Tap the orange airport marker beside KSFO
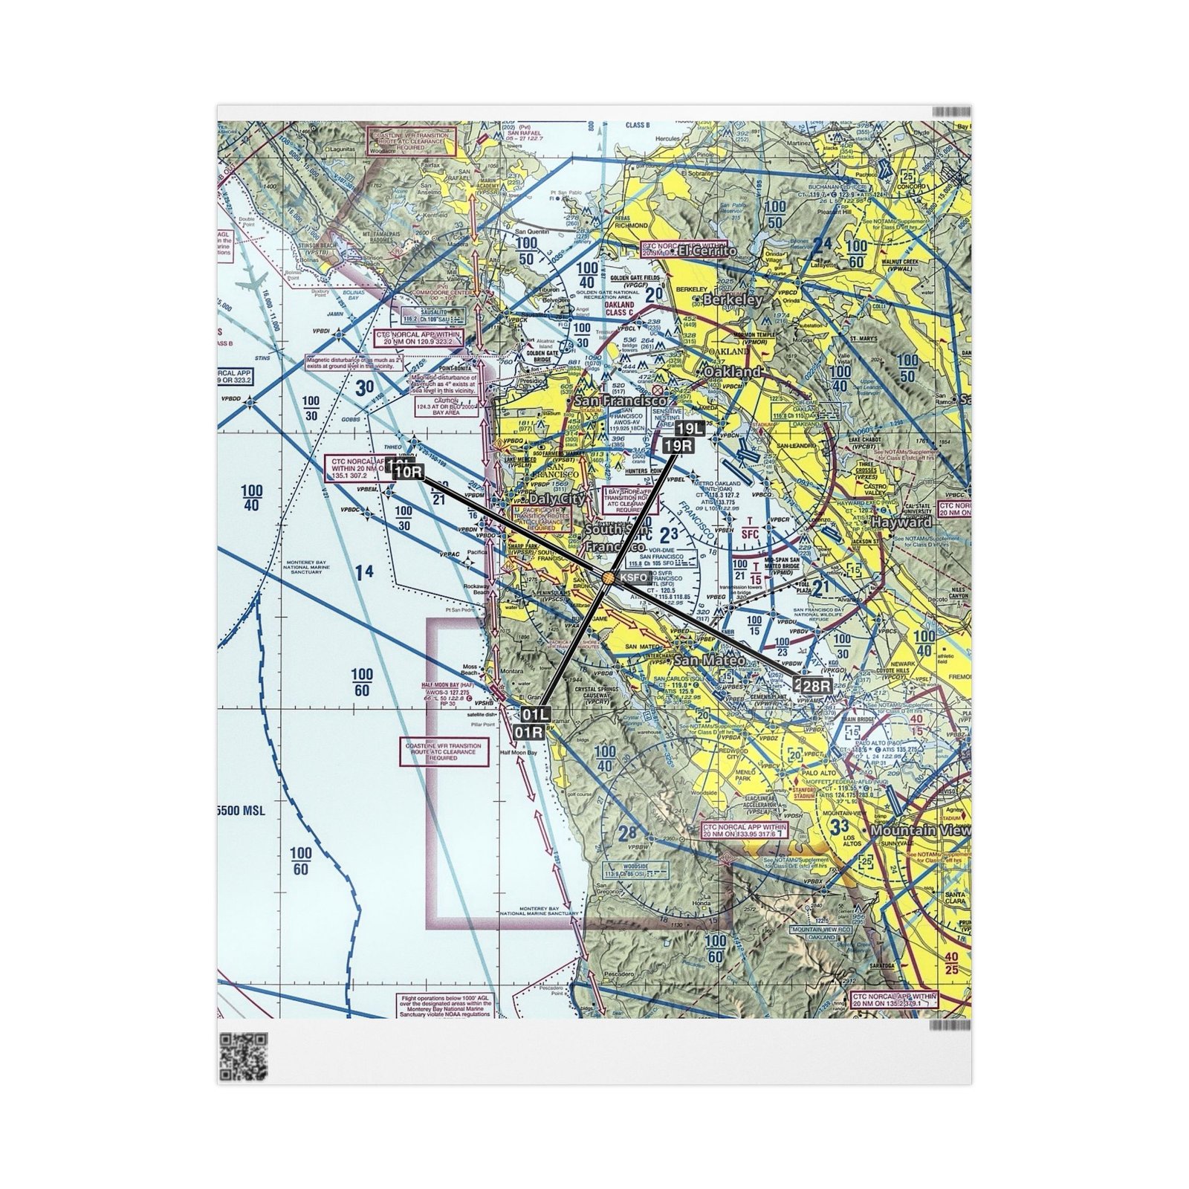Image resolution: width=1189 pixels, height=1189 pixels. point(609,577)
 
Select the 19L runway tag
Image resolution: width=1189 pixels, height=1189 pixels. point(689,429)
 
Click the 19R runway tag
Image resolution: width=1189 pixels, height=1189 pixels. point(678,445)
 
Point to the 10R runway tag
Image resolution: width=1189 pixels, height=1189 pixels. point(408,473)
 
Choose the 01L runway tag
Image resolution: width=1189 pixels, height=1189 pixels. point(535,715)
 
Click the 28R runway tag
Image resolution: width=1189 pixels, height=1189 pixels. point(814,686)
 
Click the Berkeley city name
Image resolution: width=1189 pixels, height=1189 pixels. point(733,300)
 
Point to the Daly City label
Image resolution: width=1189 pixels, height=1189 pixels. point(557,499)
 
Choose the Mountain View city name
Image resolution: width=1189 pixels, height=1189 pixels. point(920,830)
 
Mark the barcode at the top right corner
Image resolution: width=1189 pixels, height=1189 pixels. point(951,111)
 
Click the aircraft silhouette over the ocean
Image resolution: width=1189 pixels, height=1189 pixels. point(250,284)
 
